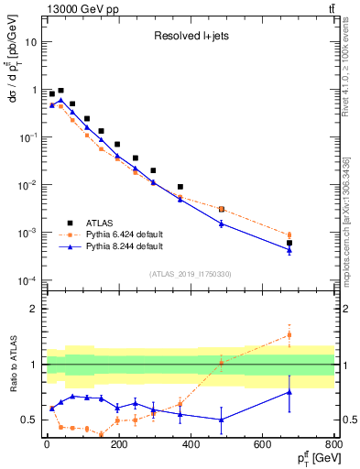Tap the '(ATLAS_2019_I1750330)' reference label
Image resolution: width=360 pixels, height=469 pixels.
point(190,274)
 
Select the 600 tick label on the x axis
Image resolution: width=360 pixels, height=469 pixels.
point(263,446)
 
